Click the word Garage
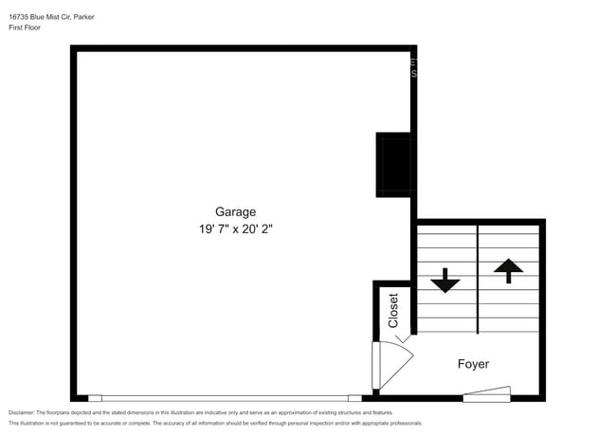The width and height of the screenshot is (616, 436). [x=235, y=212]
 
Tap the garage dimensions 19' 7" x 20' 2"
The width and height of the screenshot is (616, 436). [x=235, y=228]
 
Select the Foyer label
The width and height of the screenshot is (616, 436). [x=473, y=364]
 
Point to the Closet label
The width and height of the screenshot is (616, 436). [x=393, y=310]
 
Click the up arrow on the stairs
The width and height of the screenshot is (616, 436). [x=509, y=270]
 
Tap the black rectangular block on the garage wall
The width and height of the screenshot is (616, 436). [x=394, y=165]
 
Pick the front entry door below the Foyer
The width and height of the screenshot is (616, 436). [x=487, y=394]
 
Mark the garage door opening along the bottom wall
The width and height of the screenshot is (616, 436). [x=225, y=398]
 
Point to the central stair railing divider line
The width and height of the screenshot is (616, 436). [x=478, y=279]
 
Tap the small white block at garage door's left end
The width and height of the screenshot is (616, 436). [x=95, y=398]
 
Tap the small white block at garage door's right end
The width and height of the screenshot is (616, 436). [x=354, y=398]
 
